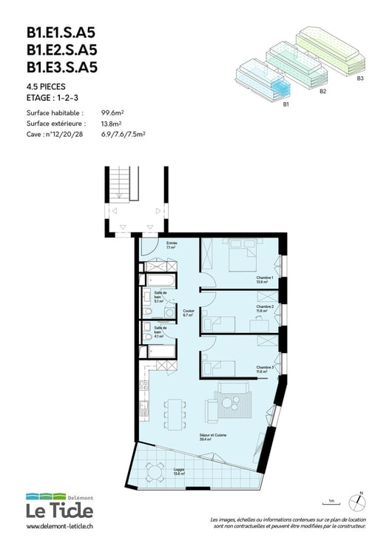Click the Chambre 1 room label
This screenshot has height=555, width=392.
tap(265, 280)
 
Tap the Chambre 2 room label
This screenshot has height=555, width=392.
tap(265, 308)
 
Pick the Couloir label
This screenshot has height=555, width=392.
tap(188, 312)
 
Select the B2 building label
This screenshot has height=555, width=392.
tap(323, 91)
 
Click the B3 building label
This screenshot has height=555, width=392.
tap(360, 78)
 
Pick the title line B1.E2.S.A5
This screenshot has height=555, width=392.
tap(62, 50)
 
